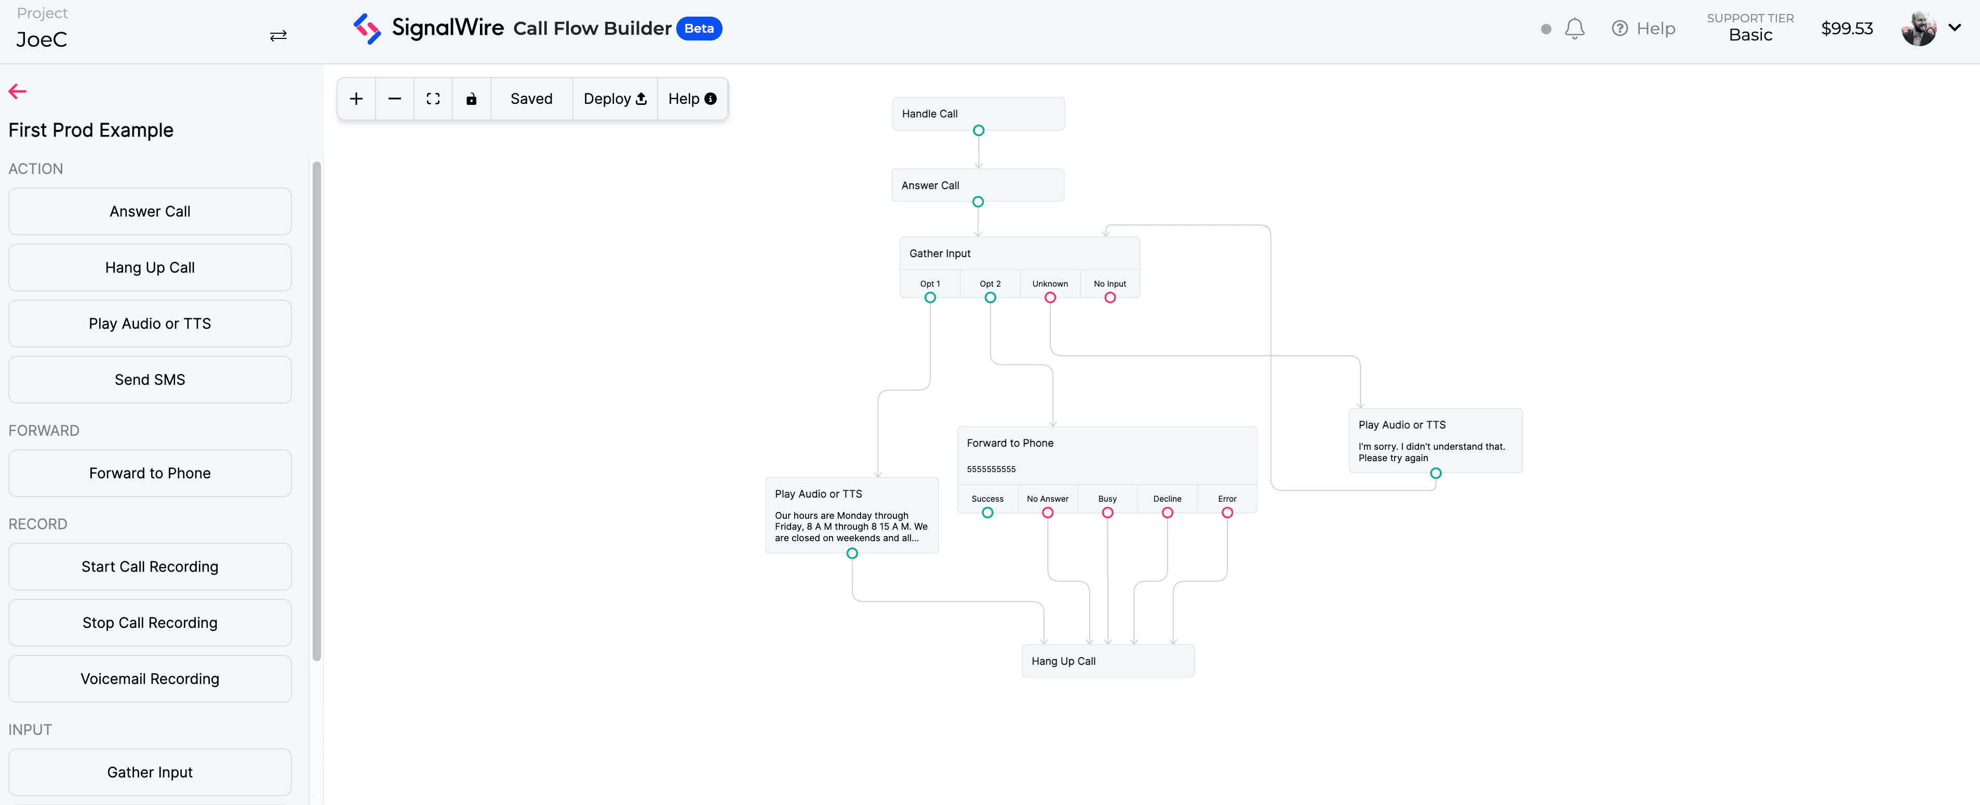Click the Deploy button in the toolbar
pyautogui.click(x=615, y=98)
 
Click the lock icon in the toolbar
pyautogui.click(x=471, y=98)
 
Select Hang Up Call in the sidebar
pyautogui.click(x=150, y=267)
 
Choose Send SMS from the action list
pyautogui.click(x=150, y=380)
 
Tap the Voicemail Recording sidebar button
pyautogui.click(x=150, y=679)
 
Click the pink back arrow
pyautogui.click(x=18, y=91)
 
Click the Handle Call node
pyautogui.click(x=978, y=114)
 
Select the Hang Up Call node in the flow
pyautogui.click(x=1107, y=661)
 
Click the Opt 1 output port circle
pyautogui.click(x=930, y=298)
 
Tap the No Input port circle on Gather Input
pyautogui.click(x=1110, y=298)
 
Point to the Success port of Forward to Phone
pyautogui.click(x=988, y=513)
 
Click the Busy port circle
pyautogui.click(x=1107, y=513)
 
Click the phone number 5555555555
pyautogui.click(x=992, y=469)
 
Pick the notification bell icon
pyautogui.click(x=1575, y=29)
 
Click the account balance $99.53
pyautogui.click(x=1847, y=29)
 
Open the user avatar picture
pyautogui.click(x=1919, y=29)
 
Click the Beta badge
pyautogui.click(x=699, y=29)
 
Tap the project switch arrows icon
pyautogui.click(x=278, y=35)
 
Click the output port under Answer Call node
pyautogui.click(x=978, y=202)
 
